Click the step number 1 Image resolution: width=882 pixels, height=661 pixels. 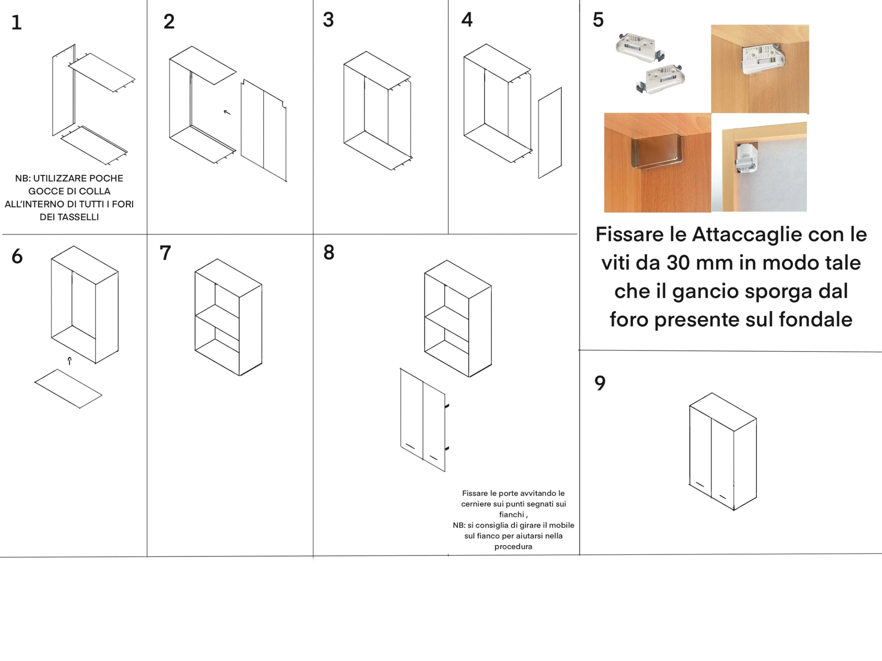click(16, 23)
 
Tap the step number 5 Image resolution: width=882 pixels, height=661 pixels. click(598, 20)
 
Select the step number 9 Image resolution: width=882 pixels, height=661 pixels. click(600, 383)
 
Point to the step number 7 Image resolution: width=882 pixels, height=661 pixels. click(165, 253)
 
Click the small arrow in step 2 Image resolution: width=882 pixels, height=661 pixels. click(227, 112)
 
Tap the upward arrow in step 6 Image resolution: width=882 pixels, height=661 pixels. click(70, 361)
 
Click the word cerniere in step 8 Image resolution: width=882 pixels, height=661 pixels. click(476, 504)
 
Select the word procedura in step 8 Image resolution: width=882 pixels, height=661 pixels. click(513, 547)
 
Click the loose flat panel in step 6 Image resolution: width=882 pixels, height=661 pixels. click(68, 389)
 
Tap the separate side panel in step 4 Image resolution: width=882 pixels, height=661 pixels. click(550, 133)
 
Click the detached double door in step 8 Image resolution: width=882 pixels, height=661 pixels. click(423, 420)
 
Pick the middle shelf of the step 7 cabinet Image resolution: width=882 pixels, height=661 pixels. click(217, 317)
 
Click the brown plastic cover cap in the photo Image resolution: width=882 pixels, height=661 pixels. click(657, 152)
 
